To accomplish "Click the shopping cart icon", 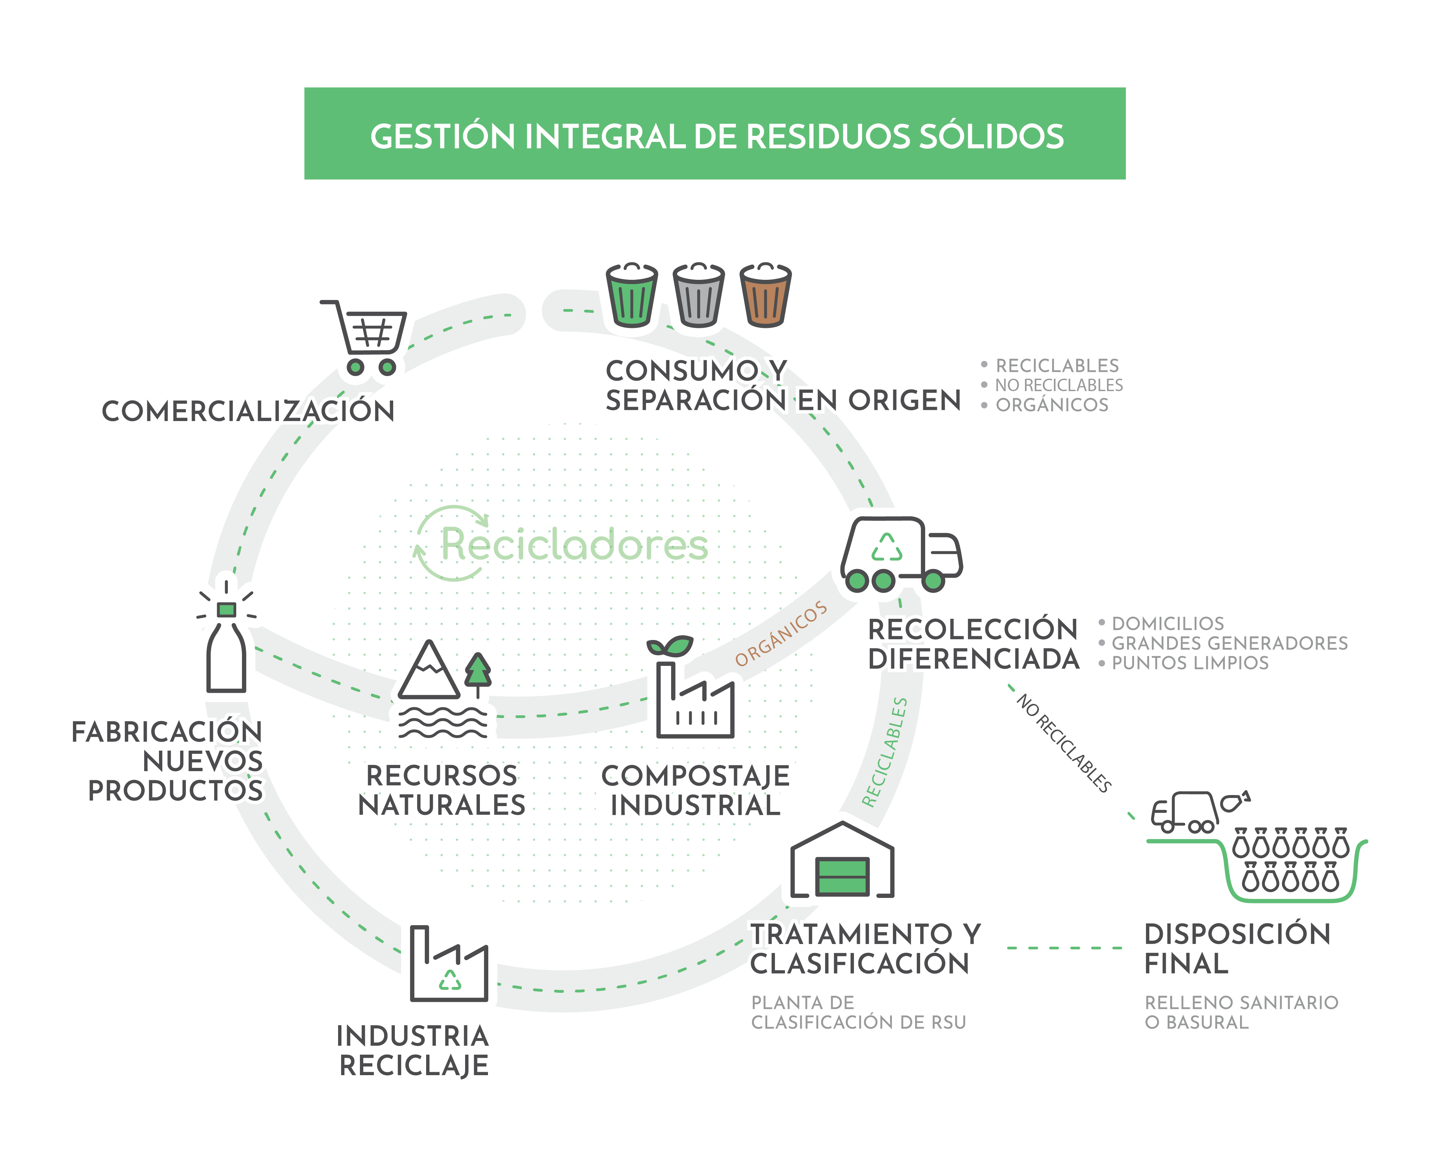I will pyautogui.click(x=367, y=337).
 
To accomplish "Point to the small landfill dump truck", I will pyautogui.click(x=1185, y=812).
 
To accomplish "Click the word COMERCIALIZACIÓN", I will pyautogui.click(x=248, y=411).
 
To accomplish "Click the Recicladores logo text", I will pyautogui.click(x=574, y=544).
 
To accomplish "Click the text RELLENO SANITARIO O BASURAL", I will pyautogui.click(x=1241, y=1012).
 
